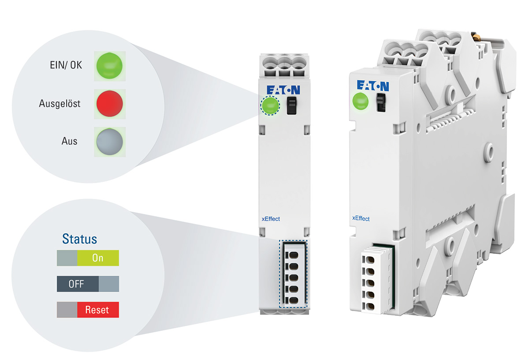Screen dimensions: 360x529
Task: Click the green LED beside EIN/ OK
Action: (110, 66)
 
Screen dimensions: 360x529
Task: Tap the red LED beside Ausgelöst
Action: (110, 104)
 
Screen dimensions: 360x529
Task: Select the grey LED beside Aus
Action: (110, 141)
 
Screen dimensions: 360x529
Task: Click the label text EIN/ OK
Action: (66, 66)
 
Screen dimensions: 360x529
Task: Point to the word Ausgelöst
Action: (60, 105)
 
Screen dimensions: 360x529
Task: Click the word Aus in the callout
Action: (69, 142)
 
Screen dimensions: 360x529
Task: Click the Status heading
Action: (79, 239)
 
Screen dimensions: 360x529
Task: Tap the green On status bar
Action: (97, 258)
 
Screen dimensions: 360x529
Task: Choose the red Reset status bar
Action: (97, 310)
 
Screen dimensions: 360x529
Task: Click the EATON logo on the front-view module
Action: (283, 90)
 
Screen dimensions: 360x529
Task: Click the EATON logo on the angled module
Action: (373, 85)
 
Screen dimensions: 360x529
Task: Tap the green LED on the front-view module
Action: (270, 106)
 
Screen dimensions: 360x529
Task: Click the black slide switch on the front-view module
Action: (291, 106)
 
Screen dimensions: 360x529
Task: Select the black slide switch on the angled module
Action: (379, 103)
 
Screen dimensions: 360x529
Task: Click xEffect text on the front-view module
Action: (270, 219)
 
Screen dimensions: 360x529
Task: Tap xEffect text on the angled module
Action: (361, 218)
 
